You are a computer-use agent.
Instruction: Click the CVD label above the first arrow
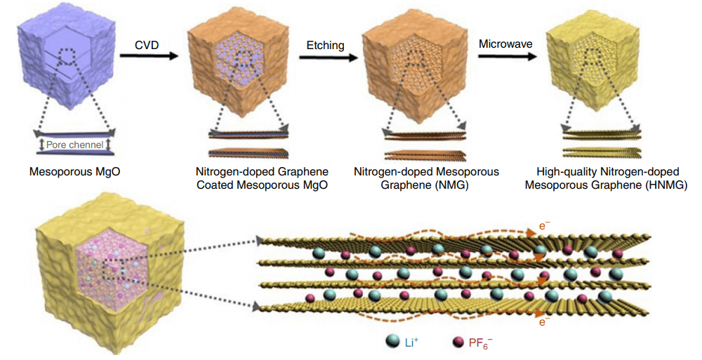point(147,46)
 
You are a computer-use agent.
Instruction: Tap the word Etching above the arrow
point(325,46)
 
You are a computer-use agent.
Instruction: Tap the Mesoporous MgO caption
point(72,171)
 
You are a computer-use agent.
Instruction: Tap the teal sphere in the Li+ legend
point(393,342)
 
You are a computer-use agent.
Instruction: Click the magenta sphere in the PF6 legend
point(458,342)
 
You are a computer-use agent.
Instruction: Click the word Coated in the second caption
point(215,185)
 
